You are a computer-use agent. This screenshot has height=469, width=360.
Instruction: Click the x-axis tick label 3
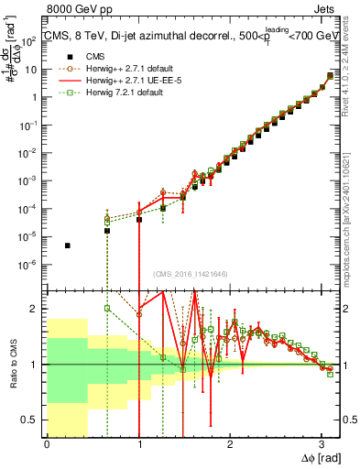[322, 446]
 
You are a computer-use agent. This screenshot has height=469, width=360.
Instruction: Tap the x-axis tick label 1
[139, 446]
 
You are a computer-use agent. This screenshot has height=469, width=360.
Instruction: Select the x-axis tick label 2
[231, 446]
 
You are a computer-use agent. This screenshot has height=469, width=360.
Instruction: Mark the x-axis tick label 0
[47, 446]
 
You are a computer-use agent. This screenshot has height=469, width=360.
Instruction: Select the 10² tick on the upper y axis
[31, 41]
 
